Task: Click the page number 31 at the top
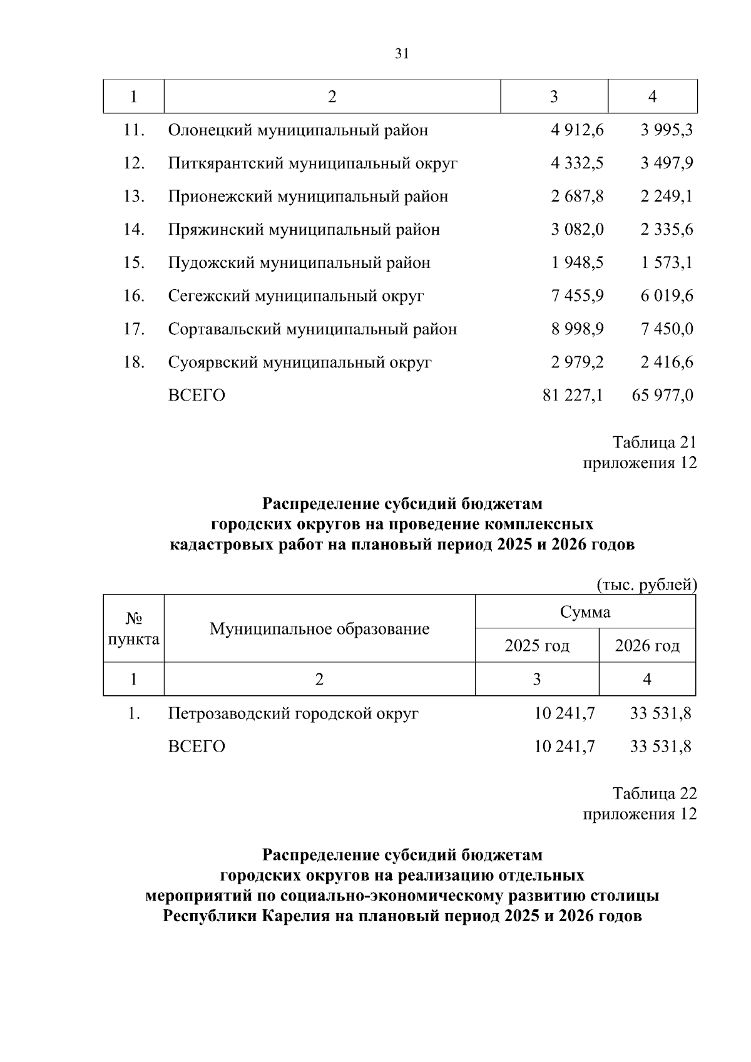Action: pyautogui.click(x=402, y=54)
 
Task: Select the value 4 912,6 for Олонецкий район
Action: pyautogui.click(x=577, y=130)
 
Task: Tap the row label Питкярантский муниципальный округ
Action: pyautogui.click(x=312, y=164)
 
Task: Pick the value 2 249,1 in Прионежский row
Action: pyautogui.click(x=667, y=197)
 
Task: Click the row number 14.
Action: pyautogui.click(x=134, y=230)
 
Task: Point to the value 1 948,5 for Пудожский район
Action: pyautogui.click(x=577, y=263)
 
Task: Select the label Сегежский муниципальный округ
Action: pyautogui.click(x=295, y=296)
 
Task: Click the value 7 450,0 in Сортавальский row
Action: pyautogui.click(x=667, y=329)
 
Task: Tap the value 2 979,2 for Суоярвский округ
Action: pyautogui.click(x=577, y=362)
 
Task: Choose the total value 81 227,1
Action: pyautogui.click(x=573, y=396)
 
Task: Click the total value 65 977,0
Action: pyautogui.click(x=663, y=396)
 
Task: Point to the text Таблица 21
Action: pyautogui.click(x=654, y=442)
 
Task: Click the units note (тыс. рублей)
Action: pyautogui.click(x=646, y=585)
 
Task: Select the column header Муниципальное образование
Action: pyautogui.click(x=319, y=628)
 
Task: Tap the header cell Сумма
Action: pyautogui.click(x=585, y=611)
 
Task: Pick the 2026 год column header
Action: pyautogui.click(x=647, y=645)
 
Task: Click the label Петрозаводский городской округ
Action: pyautogui.click(x=293, y=713)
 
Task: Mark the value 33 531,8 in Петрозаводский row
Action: pyautogui.click(x=661, y=713)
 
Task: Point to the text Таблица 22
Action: pyautogui.click(x=654, y=794)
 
